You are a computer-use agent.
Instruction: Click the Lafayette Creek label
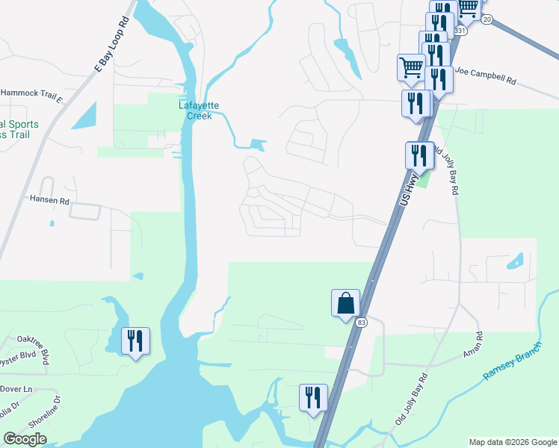pyautogui.click(x=195, y=111)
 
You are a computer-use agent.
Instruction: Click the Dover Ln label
pyautogui.click(x=17, y=390)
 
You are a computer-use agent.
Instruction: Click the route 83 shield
pyautogui.click(x=362, y=322)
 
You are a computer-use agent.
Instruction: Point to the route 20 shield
pyautogui.click(x=487, y=20)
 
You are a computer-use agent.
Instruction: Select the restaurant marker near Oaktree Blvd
pyautogui.click(x=135, y=341)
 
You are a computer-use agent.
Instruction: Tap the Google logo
pyautogui.click(x=25, y=439)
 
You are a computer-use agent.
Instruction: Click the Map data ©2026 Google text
pyautogui.click(x=512, y=442)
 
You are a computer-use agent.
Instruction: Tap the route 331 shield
pyautogui.click(x=460, y=31)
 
